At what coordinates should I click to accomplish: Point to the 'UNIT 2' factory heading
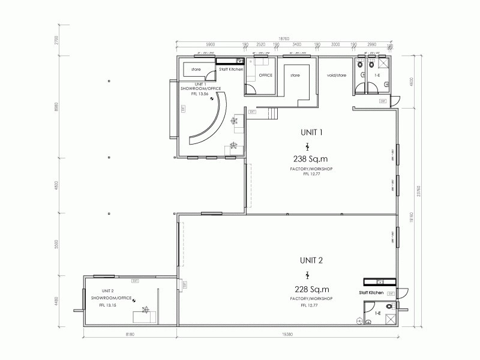tap(311, 260)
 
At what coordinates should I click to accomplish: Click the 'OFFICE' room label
tap(265, 75)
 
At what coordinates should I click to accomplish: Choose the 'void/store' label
tap(337, 75)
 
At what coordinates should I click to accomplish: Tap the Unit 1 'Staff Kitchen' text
tap(231, 70)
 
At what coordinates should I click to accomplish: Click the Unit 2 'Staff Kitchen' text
tap(371, 292)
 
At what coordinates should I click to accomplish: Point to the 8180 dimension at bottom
tap(130, 334)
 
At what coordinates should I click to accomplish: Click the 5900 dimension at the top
tap(210, 44)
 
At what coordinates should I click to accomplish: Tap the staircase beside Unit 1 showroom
tap(273, 113)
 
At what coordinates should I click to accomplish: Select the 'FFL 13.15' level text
tap(107, 305)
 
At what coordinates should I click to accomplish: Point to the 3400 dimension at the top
tap(297, 44)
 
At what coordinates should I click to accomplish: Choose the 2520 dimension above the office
tap(260, 44)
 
